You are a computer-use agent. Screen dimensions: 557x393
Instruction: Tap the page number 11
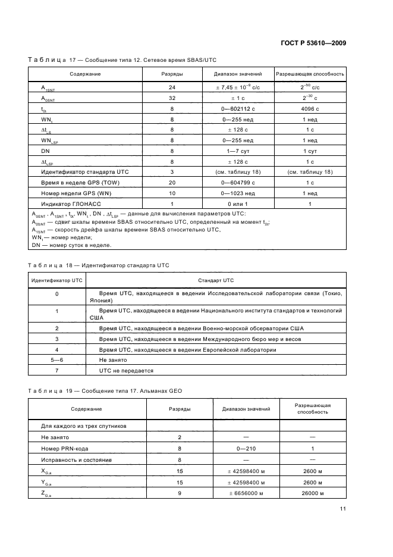coord(343,508)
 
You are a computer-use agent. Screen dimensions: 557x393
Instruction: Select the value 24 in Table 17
coord(172,87)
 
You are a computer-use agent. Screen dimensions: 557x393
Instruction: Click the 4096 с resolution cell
coord(309,109)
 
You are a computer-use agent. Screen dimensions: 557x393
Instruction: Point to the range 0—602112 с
coord(238,109)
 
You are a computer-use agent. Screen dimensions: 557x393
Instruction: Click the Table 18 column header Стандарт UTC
coord(216,280)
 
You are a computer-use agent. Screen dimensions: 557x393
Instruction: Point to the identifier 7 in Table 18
coord(56,371)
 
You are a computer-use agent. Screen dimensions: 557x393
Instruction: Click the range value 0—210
coord(246,449)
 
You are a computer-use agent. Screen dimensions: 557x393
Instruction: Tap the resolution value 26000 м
coord(313,493)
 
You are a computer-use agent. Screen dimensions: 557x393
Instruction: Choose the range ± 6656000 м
coord(246,493)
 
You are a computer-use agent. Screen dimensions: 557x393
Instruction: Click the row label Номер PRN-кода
coord(65,449)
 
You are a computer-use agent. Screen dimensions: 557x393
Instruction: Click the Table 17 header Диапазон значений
coord(238,74)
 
